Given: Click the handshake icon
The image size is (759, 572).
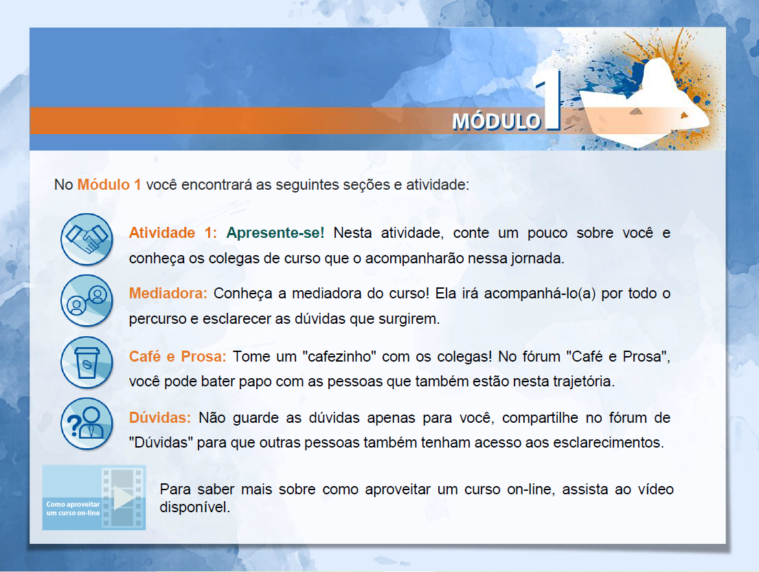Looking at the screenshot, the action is point(87,239).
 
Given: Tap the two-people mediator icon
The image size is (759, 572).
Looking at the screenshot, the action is point(87,300).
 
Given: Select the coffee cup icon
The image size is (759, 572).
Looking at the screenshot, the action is point(87,362).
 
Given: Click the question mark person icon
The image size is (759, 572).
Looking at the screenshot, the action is point(87,423).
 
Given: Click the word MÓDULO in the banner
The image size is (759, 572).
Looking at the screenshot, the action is point(496,121).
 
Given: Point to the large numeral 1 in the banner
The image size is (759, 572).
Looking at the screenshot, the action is point(550,101).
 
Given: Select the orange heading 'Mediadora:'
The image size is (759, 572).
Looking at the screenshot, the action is point(168,294).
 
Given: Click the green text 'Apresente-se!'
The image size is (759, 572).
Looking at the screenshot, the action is point(275,233).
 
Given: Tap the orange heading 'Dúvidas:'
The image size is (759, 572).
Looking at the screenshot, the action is point(160,417).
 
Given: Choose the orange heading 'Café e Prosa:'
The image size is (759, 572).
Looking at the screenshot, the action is point(178,357).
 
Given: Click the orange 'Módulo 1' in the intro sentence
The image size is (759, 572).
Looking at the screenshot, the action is point(109,184).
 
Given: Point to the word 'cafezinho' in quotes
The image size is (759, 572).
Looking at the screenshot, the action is point(339,357).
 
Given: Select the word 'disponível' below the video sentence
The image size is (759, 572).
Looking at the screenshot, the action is point(194,507).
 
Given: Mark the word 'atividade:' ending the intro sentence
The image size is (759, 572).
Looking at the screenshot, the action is point(438,184).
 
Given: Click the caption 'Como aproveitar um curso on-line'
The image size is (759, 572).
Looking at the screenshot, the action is point(73,509).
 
